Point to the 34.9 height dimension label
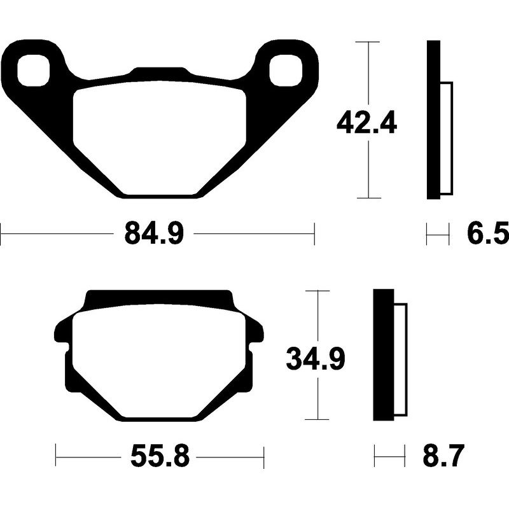coord(316,359)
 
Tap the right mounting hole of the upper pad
coord(284,70)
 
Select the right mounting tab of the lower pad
coord(256,331)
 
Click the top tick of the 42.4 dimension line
coord(368,42)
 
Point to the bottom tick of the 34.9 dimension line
coord(316,420)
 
